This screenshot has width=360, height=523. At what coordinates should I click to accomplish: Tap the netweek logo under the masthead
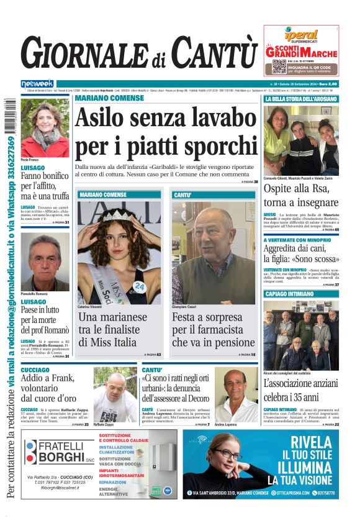click(x=37, y=84)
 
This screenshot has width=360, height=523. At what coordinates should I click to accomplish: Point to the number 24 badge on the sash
click(x=140, y=286)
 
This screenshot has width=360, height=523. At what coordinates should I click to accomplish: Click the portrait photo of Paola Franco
click(x=45, y=129)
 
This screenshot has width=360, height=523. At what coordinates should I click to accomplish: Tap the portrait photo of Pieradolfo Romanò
click(x=45, y=261)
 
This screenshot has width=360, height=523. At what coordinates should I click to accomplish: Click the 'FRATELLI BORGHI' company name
click(x=61, y=451)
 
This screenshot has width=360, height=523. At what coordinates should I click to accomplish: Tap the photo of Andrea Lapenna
click(x=235, y=395)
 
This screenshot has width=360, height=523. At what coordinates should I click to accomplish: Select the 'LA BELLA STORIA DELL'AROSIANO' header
click(x=300, y=99)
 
